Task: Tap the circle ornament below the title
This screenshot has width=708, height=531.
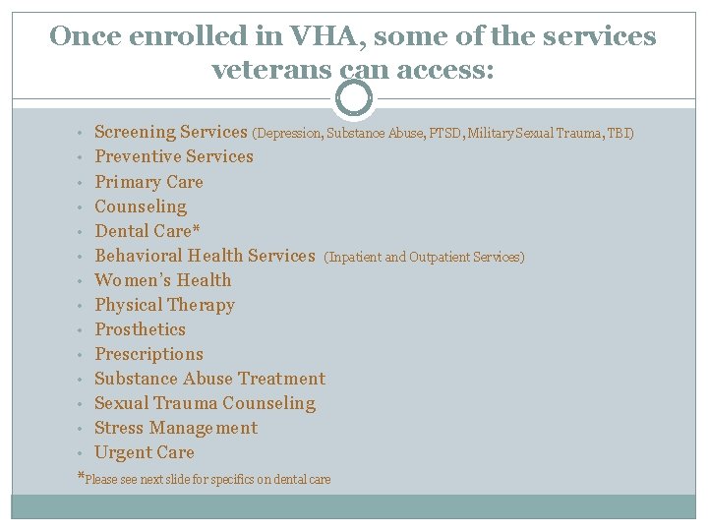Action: click(354, 98)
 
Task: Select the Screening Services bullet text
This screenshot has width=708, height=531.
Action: click(170, 132)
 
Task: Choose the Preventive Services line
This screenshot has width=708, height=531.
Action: click(174, 156)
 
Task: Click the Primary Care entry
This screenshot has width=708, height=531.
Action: click(148, 182)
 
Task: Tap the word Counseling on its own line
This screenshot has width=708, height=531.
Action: click(141, 206)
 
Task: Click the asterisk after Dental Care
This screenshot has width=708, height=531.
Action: click(197, 230)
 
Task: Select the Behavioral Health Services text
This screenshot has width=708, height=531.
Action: click(205, 256)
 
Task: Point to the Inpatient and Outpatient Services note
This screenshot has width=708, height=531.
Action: click(424, 257)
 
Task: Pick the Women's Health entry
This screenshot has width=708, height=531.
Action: click(163, 280)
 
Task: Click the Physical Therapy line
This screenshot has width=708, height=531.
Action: click(164, 305)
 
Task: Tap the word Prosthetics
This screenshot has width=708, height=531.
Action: click(140, 329)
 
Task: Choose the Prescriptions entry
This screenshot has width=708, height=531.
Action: click(148, 354)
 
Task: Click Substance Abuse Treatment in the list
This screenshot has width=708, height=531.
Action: click(209, 379)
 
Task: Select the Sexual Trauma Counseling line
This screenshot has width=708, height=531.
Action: click(205, 403)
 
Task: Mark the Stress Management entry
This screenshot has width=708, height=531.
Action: click(176, 428)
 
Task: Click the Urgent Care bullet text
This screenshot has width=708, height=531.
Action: click(145, 452)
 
